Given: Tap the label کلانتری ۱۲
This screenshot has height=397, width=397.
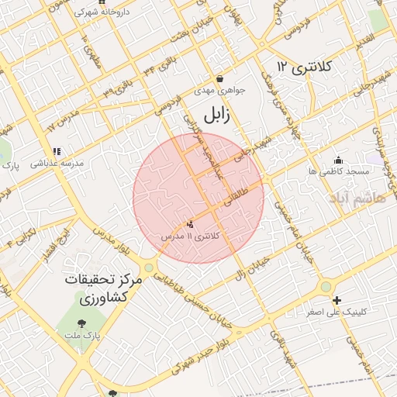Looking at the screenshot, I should point(303,67).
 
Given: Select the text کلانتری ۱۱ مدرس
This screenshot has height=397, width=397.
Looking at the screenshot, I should point(191,234).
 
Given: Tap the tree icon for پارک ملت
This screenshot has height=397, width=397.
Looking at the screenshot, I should point(81,325).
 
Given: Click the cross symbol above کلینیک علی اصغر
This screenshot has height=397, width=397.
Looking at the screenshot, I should point(337,300).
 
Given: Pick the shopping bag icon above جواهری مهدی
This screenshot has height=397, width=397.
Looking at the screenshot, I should point(220,79).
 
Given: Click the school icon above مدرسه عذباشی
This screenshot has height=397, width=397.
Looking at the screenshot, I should point(56,152).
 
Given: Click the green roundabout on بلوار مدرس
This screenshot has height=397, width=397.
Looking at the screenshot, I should point(148,268).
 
